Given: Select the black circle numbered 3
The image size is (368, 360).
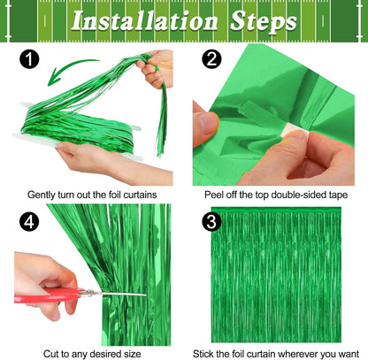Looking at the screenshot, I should coord(211,222).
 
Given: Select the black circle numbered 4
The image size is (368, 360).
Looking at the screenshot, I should coord(30,222).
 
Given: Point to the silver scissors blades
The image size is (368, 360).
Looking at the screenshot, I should coord(119,295).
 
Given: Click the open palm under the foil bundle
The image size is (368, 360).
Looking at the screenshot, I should coord(84,159).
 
